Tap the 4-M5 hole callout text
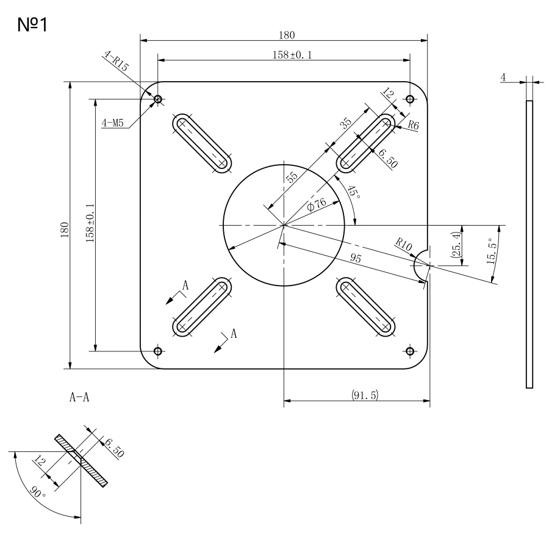click(113, 123)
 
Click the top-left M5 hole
click(158, 99)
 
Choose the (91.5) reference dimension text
click(365, 395)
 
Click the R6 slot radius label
click(413, 126)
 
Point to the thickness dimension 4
click(503, 77)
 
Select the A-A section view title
click(79, 398)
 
